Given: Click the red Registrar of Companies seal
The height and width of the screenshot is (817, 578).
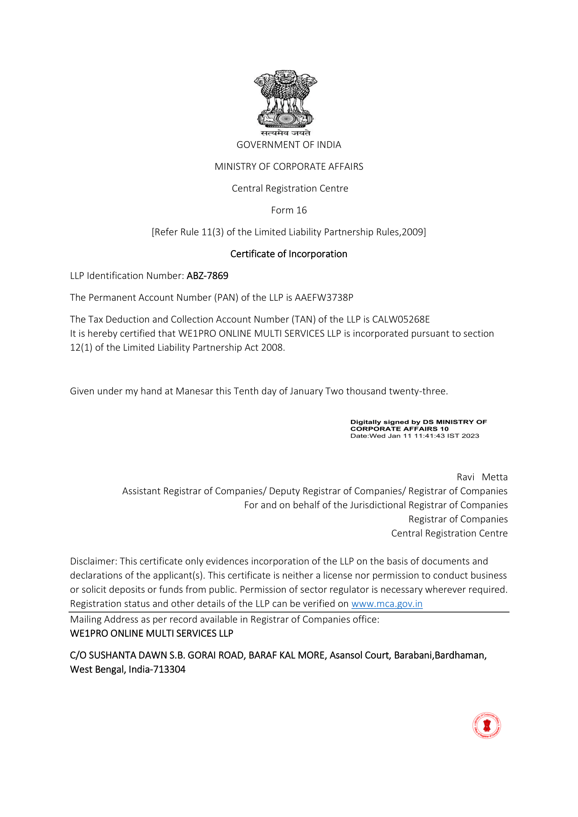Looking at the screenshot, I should (x=486, y=725).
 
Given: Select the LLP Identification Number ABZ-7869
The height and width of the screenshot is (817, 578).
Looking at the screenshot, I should (x=207, y=276).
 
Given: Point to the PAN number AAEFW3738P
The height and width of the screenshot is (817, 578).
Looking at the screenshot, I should (x=324, y=298).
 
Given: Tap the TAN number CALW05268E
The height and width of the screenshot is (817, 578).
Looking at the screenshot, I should (x=401, y=319).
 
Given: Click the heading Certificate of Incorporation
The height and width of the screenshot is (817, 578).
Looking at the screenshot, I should (x=288, y=254).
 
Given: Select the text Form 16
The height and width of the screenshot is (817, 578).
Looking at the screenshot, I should (x=288, y=210).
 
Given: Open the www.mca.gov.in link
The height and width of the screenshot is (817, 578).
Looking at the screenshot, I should (x=387, y=604).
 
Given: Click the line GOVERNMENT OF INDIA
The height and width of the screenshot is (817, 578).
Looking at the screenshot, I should (x=288, y=145).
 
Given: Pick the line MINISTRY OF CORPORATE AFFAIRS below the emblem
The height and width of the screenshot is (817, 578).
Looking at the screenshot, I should (x=288, y=167).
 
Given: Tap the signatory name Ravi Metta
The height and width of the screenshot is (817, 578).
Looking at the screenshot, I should (x=482, y=477).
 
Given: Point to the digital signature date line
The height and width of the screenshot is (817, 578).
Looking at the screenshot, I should (x=415, y=436).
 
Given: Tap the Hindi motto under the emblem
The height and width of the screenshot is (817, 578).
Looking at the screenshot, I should (x=285, y=133).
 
